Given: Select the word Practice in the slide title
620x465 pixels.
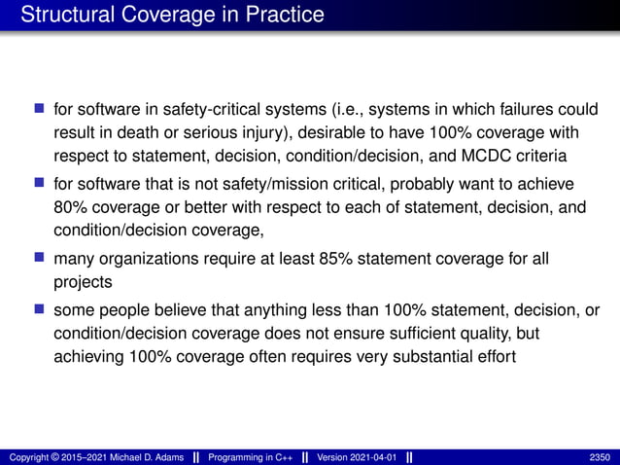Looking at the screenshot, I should tap(287, 16).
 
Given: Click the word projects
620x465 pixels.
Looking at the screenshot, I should tap(84, 283).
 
